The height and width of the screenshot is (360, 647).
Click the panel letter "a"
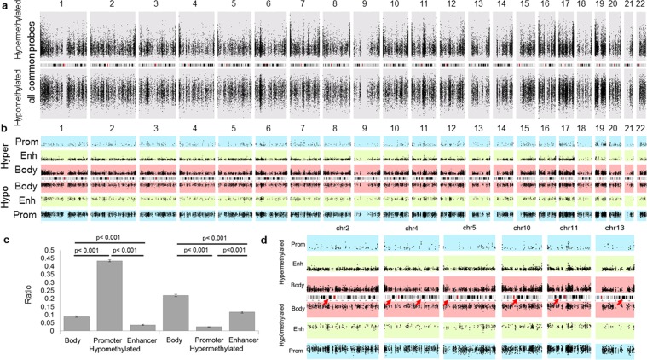tap(4, 4)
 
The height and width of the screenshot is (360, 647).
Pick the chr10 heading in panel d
tap(518, 229)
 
